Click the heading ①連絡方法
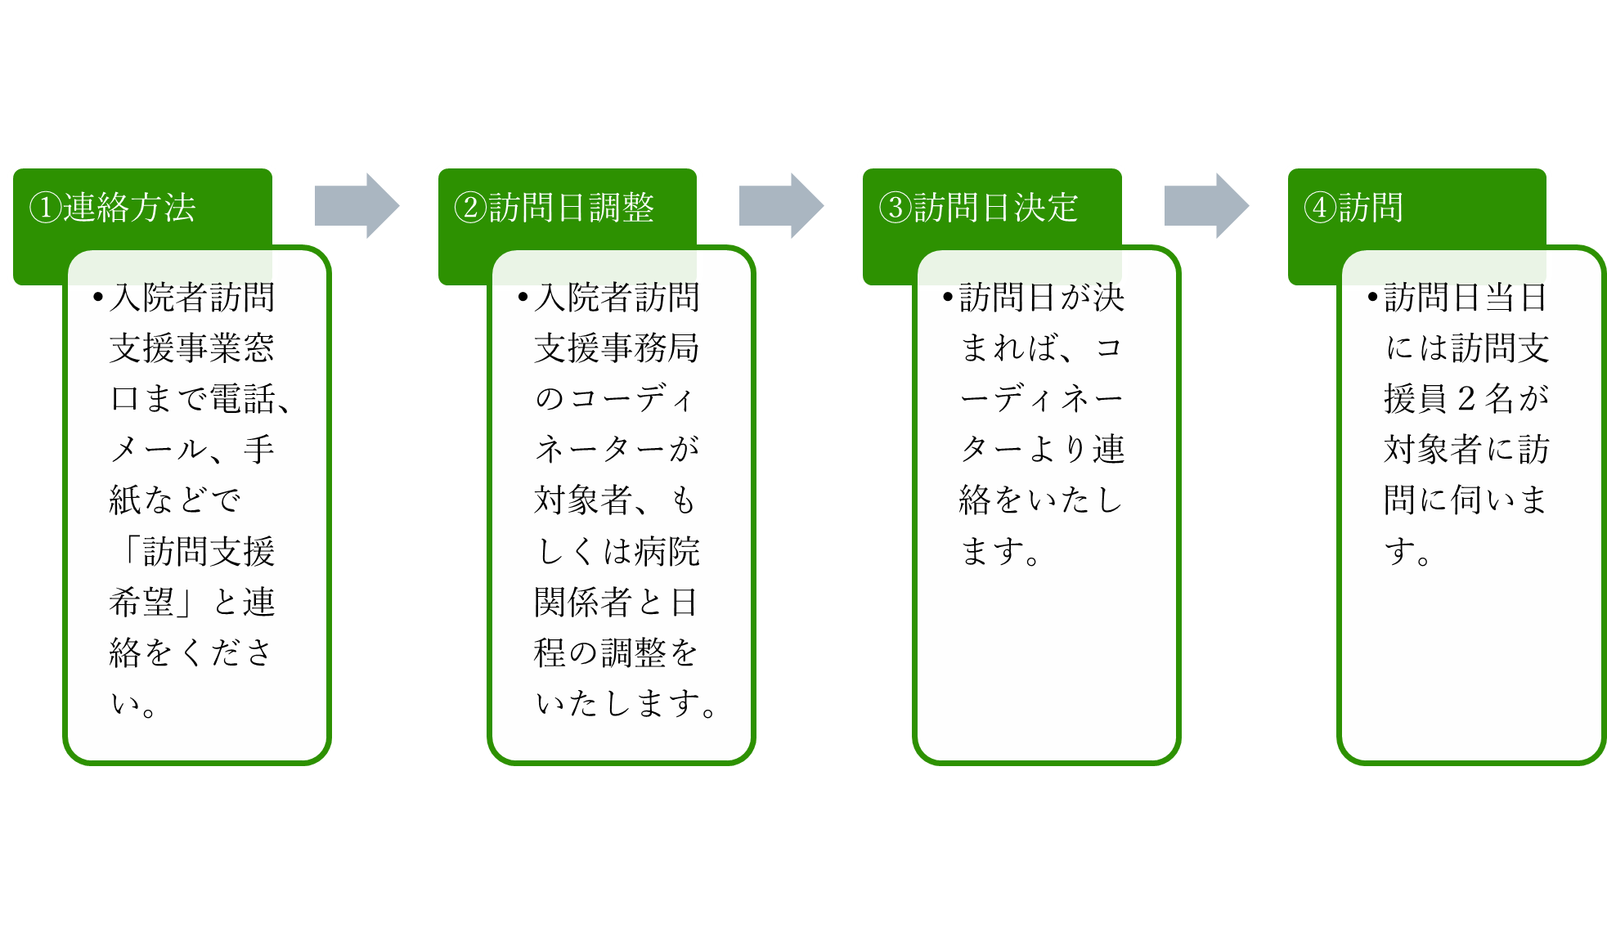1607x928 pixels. (113, 208)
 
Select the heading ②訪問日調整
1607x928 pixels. (554, 208)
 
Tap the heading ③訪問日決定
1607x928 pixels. (979, 208)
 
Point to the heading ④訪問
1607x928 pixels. (1353, 208)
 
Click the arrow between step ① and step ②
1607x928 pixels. (357, 205)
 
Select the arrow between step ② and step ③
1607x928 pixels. (781, 205)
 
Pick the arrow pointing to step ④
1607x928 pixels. (1206, 205)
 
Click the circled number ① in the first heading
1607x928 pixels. (46, 208)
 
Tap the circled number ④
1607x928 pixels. (1320, 208)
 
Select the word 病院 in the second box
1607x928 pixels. (667, 552)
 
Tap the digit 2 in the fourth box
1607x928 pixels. (1466, 399)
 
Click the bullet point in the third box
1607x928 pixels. (948, 297)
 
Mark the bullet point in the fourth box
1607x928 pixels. (1373, 297)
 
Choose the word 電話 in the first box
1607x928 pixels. (242, 399)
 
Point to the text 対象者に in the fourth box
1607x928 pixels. (1450, 450)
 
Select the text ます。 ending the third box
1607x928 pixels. (1000, 552)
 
